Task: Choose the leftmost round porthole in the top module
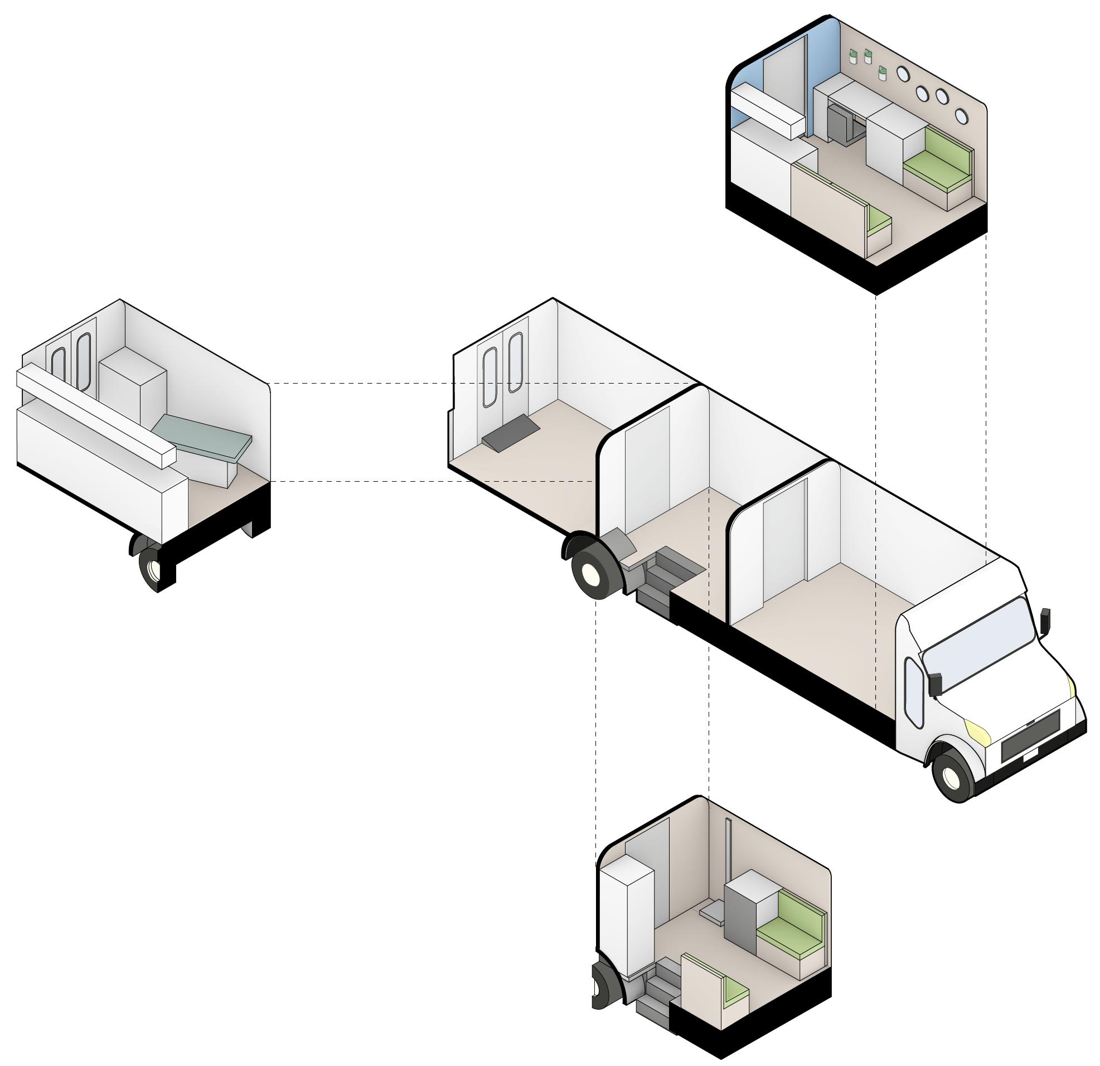point(904,73)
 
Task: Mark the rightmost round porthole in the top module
point(961,115)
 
